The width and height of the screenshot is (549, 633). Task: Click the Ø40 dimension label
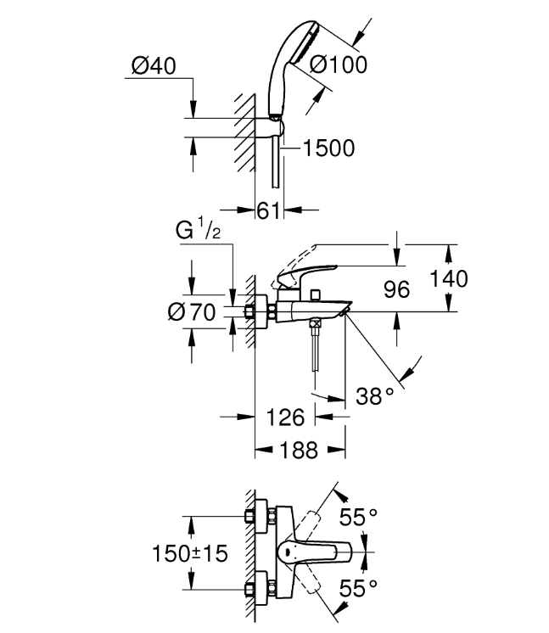point(154,66)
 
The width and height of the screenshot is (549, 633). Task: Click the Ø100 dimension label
point(339,64)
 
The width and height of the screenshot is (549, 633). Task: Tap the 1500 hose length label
point(328,148)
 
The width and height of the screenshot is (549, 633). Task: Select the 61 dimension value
point(268,210)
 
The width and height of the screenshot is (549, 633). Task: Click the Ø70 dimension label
point(192,312)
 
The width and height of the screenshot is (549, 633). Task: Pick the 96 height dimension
point(396,289)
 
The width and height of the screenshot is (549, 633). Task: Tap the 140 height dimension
point(449,278)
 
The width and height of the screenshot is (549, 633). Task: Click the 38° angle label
point(374,396)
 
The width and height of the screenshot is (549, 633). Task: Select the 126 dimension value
point(285,417)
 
